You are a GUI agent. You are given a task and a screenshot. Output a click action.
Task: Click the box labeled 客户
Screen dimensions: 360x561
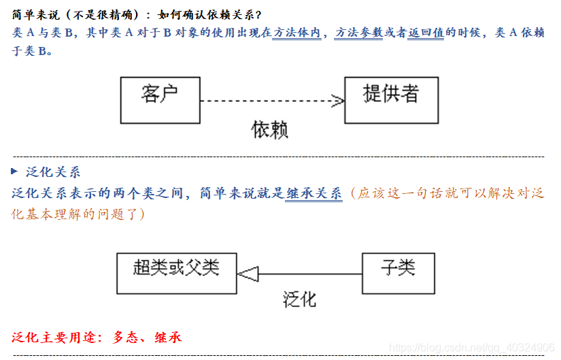(160, 99)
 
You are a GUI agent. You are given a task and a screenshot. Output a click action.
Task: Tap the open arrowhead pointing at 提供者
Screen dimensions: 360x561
(337, 101)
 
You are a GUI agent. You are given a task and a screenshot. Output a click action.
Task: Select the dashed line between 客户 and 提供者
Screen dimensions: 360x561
(265, 101)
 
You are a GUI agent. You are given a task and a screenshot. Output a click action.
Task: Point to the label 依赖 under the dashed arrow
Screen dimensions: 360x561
(269, 130)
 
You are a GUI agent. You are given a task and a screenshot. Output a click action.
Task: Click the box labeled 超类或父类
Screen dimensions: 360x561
(176, 274)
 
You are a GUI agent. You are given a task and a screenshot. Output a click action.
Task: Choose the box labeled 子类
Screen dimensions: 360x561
(398, 274)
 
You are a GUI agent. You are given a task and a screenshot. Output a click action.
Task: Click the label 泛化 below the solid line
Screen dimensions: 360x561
(299, 299)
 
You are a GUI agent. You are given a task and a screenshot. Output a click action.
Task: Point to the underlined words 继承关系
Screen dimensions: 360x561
(313, 193)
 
